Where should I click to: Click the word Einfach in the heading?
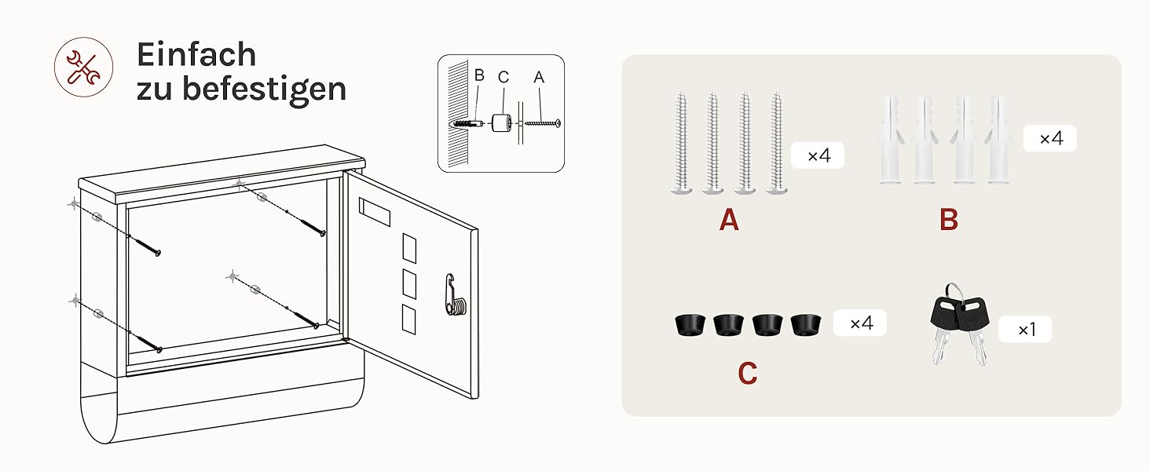click(196, 54)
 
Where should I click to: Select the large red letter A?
click(729, 221)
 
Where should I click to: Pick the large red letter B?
click(949, 221)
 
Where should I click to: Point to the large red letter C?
click(747, 374)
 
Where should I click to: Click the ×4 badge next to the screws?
click(818, 155)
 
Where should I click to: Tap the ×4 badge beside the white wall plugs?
click(1050, 138)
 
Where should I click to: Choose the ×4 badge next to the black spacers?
click(860, 323)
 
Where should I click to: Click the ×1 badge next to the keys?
click(1025, 330)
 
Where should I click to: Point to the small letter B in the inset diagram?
click(479, 76)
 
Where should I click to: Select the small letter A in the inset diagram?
click(538, 77)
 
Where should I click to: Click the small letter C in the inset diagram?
click(504, 77)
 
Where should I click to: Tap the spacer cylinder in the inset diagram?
click(502, 124)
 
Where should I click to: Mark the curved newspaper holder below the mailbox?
click(220, 408)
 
